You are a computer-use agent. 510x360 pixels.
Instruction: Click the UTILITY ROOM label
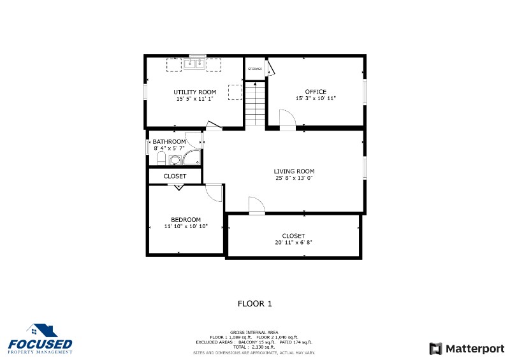pyautogui.click(x=195, y=92)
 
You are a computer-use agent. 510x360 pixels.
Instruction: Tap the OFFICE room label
pyautogui.click(x=315, y=92)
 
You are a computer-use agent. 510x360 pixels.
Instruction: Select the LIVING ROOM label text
pyautogui.click(x=294, y=171)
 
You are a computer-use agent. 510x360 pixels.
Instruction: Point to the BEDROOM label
pyautogui.click(x=186, y=220)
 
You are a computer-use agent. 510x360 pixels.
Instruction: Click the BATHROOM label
pyautogui.click(x=169, y=141)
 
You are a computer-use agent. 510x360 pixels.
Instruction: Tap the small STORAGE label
pyautogui.click(x=255, y=68)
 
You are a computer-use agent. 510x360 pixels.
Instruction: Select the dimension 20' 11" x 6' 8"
pyautogui.click(x=293, y=242)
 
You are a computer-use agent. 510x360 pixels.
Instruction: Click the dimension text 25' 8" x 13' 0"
pyautogui.click(x=294, y=178)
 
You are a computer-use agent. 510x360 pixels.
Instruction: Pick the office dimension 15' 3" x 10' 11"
pyautogui.click(x=315, y=99)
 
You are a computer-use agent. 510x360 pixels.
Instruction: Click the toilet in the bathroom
pyautogui.click(x=161, y=157)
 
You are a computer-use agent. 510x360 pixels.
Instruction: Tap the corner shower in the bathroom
pyautogui.click(x=192, y=157)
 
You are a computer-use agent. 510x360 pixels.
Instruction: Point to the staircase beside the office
pyautogui.click(x=255, y=103)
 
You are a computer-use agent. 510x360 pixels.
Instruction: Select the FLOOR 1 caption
pyautogui.click(x=254, y=303)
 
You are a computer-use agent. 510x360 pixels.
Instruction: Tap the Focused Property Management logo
pyautogui.click(x=40, y=340)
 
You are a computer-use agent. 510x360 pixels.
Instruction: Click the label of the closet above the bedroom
pyautogui.click(x=175, y=176)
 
